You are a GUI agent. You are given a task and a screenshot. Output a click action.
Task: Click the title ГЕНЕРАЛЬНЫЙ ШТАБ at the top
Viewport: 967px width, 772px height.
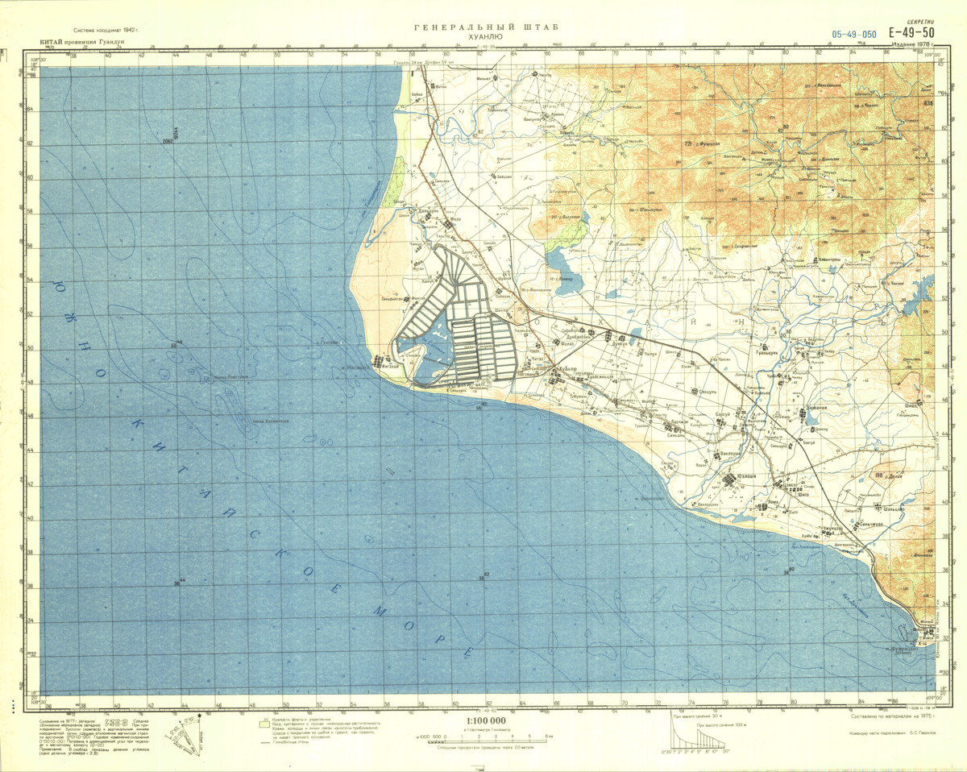486,27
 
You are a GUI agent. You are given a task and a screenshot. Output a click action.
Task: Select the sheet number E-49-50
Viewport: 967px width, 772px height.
912,33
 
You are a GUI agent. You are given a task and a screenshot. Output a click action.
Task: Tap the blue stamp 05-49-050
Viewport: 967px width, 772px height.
854,34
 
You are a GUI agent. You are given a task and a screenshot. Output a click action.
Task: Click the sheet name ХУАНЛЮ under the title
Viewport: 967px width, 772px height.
485,38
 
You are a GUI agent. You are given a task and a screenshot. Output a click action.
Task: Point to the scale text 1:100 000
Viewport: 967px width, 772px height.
486,720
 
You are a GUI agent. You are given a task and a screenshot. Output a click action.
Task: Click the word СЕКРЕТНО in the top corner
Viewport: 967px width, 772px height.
919,23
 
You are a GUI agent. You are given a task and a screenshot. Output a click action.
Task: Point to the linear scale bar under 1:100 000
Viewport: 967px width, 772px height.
486,736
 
